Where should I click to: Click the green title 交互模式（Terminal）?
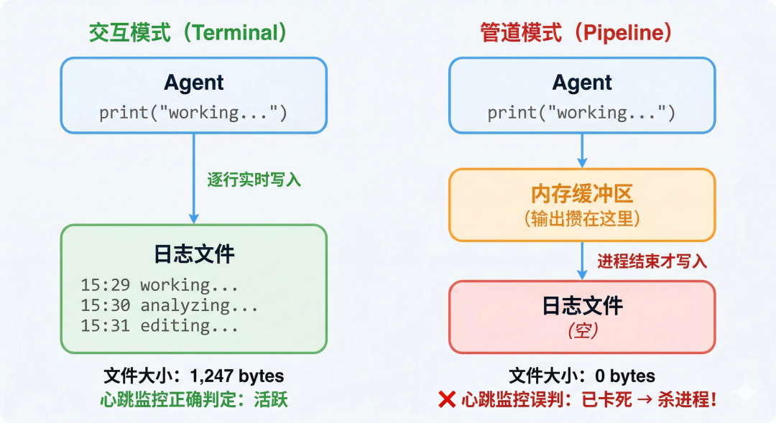coord(188,33)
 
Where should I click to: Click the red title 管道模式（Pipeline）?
coord(577,33)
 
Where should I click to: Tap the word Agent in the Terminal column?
coord(194,83)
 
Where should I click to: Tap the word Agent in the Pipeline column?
coord(582,83)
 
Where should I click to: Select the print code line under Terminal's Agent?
coord(193,113)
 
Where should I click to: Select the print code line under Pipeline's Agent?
coord(581,113)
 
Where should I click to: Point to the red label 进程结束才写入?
coord(652,261)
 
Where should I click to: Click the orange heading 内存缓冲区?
coord(582,194)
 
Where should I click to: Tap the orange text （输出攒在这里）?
coord(582,218)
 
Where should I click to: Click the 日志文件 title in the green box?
coord(194,254)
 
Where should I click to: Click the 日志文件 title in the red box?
coord(582,306)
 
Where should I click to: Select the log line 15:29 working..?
coord(160,285)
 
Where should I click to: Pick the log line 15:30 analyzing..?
coord(170,306)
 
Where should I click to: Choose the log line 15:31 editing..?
coord(160,327)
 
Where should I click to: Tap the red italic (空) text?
coord(582,331)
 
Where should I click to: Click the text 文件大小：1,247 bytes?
coord(194,376)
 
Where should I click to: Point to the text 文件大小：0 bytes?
coord(582,376)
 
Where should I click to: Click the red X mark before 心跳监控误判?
coord(446,399)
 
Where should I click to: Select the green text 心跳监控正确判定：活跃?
coord(194,399)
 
